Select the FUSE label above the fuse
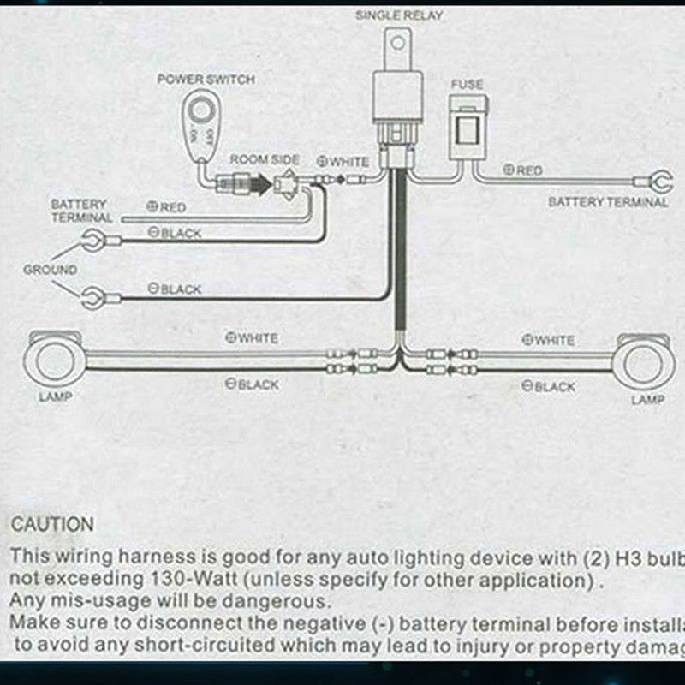click(x=468, y=85)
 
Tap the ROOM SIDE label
click(x=265, y=160)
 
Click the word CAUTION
click(x=52, y=524)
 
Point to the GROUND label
click(x=50, y=270)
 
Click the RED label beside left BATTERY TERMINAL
click(x=167, y=207)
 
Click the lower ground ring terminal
click(x=90, y=298)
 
